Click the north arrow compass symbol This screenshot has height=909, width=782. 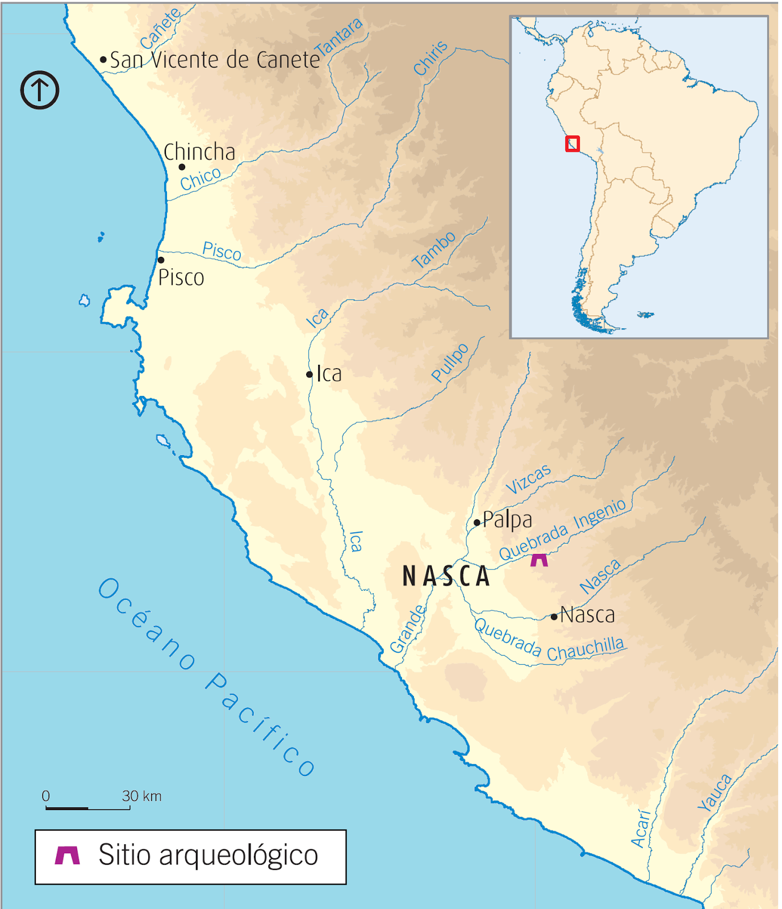pos(40,90)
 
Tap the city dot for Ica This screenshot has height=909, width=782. pos(310,374)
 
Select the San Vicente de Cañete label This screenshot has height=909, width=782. pos(215,60)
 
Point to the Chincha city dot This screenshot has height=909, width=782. pos(182,167)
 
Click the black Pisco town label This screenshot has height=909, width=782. pos(181,278)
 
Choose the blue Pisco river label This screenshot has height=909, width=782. pos(222,251)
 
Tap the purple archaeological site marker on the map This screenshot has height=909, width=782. pos(539,560)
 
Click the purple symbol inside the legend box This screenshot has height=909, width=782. pos(67,855)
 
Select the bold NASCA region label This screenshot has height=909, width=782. pos(446,577)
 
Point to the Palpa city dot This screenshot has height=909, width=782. pos(476,523)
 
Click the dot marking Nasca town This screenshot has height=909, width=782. pos(554,617)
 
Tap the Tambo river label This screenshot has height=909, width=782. pos(434,250)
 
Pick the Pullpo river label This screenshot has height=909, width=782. pos(450,362)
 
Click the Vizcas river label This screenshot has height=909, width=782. pos(528,479)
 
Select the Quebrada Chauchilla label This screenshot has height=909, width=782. pos(549,642)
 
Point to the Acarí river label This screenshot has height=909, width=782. pos(641,829)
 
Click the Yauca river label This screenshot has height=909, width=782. pos(715,793)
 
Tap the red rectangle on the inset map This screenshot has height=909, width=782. pos(572,144)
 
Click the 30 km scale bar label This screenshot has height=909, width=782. pos(142,796)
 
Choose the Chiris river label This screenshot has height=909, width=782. pos(430,59)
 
